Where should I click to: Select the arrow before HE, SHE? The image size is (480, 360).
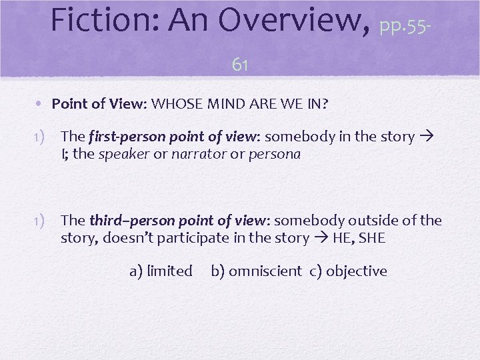(321, 238)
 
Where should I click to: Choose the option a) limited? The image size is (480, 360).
(161, 271)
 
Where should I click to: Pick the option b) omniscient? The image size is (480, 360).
(256, 271)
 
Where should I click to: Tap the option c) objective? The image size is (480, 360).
(348, 271)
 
